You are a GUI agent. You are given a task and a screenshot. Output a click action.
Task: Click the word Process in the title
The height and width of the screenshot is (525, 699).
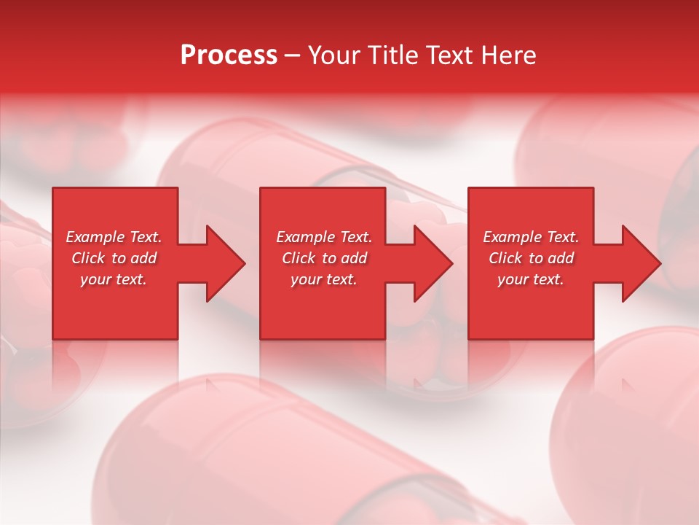(229, 55)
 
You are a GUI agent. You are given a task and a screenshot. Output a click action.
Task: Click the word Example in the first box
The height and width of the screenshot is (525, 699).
(95, 237)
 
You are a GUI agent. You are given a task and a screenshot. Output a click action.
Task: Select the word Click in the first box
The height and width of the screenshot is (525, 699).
(89, 258)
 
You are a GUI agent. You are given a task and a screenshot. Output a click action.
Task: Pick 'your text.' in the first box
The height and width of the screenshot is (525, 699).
(114, 279)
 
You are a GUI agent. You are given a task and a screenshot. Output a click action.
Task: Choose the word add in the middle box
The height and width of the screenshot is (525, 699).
(354, 258)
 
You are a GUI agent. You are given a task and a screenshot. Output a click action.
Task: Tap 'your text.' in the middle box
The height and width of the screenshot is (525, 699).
(324, 279)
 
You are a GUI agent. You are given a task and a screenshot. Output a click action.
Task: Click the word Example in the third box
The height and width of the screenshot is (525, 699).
(512, 237)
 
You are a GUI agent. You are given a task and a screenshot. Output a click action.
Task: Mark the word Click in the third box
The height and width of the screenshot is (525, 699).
(505, 258)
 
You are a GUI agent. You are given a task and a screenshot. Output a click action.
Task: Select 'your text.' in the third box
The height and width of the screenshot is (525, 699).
(531, 279)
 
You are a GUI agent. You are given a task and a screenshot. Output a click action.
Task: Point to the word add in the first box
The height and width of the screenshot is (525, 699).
(143, 258)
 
